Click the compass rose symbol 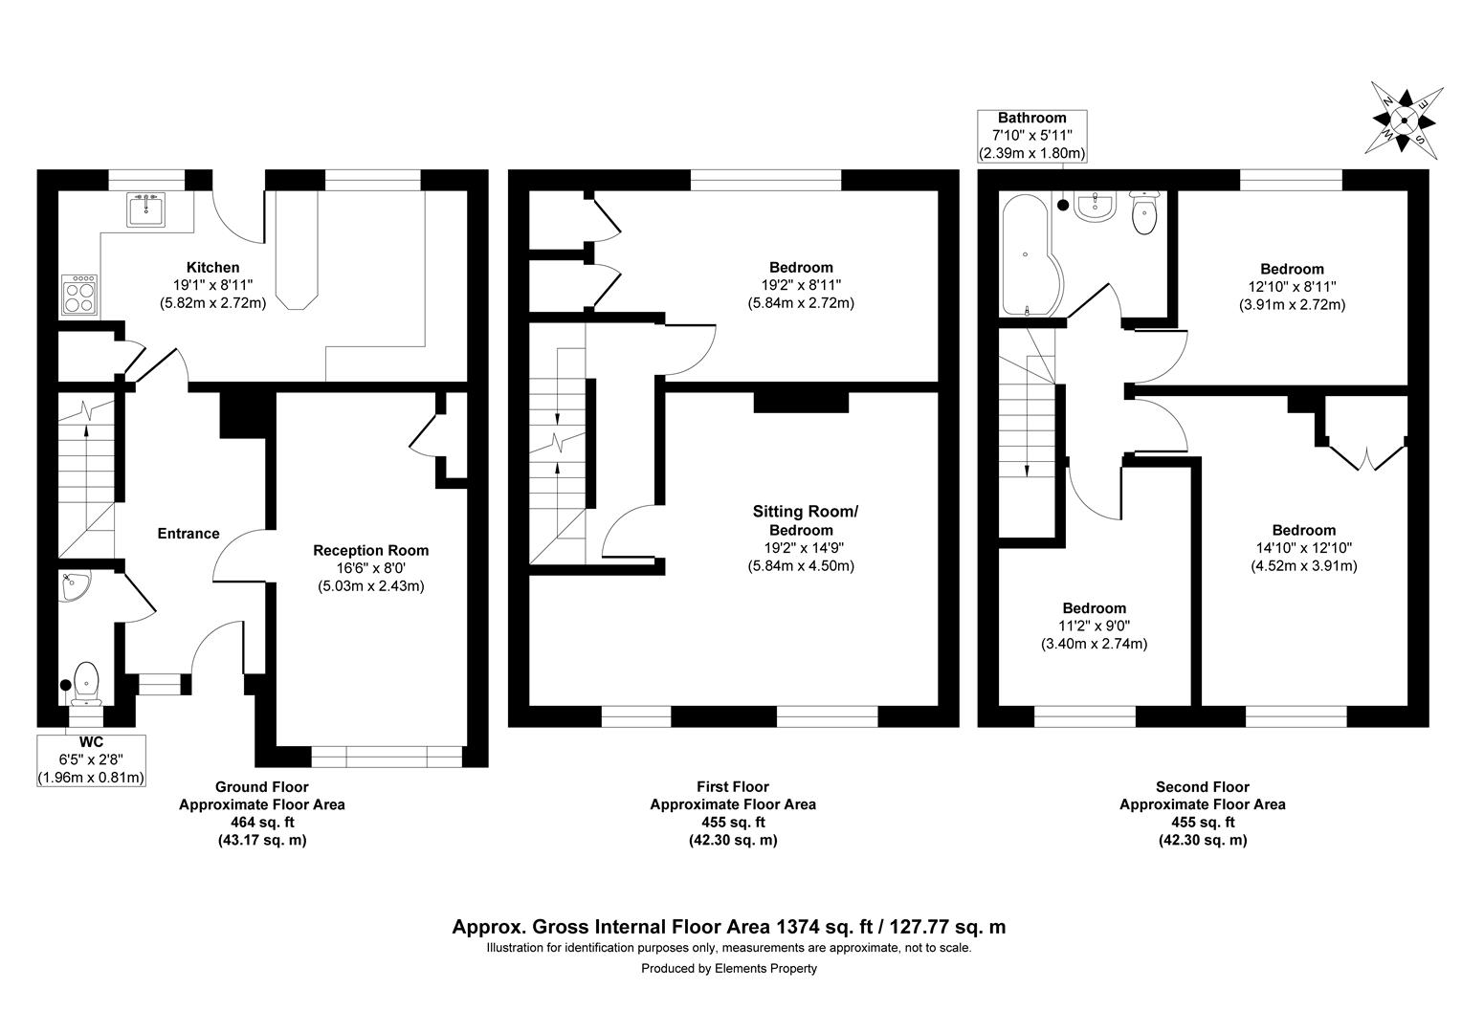point(1404,121)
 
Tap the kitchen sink point(146,209)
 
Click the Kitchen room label point(212,268)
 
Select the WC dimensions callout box point(92,759)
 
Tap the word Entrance point(188,534)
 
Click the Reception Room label point(371,550)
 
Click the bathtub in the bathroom point(1024,254)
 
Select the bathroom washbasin point(1093,206)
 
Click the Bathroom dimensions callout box point(1031,136)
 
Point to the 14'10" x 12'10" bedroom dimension point(1303,548)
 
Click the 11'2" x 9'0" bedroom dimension point(1094,626)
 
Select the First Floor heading point(733,787)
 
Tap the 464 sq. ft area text point(262,823)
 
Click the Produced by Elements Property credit point(729,968)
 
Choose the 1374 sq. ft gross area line point(729,927)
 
